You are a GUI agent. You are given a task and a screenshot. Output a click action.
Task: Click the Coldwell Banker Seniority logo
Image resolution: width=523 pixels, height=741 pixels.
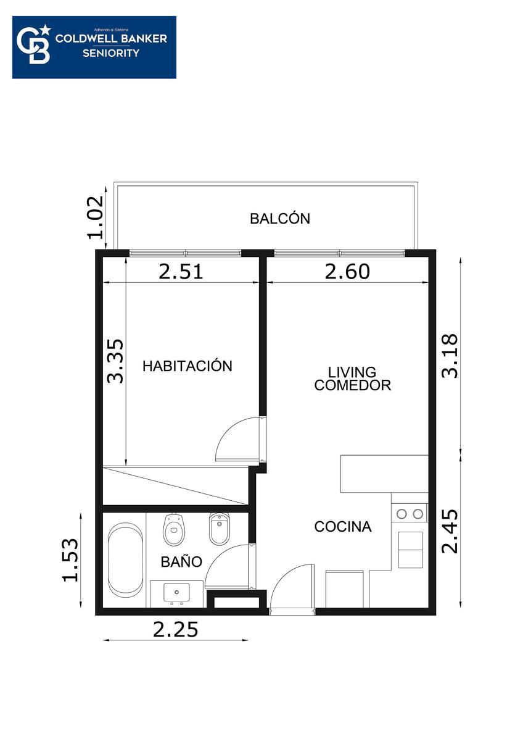[x=94, y=48]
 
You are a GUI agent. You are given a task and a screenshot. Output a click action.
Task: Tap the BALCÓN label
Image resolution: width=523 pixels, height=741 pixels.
[x=280, y=219]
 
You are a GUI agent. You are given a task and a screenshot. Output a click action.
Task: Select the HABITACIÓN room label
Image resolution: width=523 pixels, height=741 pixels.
[x=187, y=366]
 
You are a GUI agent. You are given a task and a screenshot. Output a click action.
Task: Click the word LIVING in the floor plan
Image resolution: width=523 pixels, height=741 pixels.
[x=352, y=372]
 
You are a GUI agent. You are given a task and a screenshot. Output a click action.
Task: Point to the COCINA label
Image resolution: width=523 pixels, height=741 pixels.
[x=343, y=527]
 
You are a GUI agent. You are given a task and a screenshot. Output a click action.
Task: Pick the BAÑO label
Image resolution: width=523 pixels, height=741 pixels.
[x=181, y=562]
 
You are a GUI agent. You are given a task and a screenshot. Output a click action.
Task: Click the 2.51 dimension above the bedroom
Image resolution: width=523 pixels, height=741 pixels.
[x=180, y=272]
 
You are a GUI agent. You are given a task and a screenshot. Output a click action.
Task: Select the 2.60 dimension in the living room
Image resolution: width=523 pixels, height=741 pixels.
[x=347, y=272]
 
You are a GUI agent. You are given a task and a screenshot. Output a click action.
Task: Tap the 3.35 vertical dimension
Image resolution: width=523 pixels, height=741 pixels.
[x=115, y=361]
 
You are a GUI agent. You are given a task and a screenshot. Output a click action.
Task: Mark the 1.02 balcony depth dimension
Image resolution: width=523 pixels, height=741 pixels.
[x=96, y=217]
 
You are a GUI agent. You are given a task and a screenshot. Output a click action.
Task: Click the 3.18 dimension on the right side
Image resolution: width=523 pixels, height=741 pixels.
[x=450, y=356]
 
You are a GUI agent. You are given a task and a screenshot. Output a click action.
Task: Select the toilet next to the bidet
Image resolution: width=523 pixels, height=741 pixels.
[x=174, y=530]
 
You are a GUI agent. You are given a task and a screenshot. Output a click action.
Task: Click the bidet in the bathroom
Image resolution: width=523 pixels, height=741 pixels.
[x=220, y=529]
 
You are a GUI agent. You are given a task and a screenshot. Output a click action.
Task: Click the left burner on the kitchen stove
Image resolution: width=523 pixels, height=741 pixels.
[x=402, y=514]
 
